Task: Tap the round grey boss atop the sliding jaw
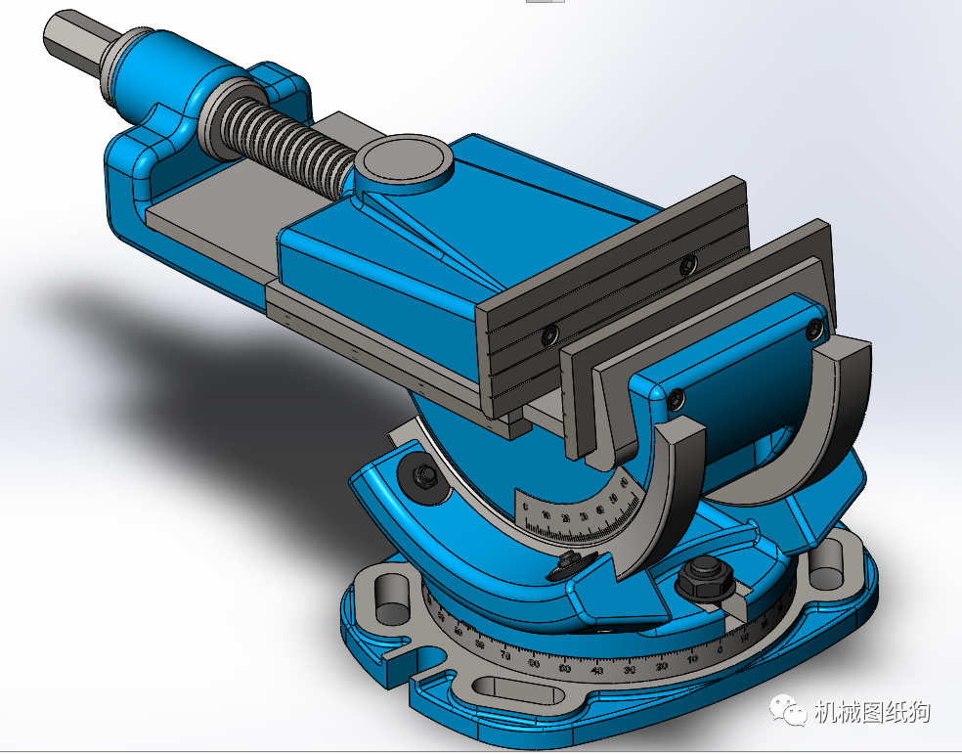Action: tap(404, 159)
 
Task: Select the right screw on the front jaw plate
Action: tap(688, 264)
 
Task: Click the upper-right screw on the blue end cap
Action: tap(814, 330)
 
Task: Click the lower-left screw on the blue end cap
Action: tap(675, 397)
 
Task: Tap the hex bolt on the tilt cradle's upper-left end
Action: tap(423, 477)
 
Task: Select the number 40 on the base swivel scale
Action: tap(597, 672)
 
